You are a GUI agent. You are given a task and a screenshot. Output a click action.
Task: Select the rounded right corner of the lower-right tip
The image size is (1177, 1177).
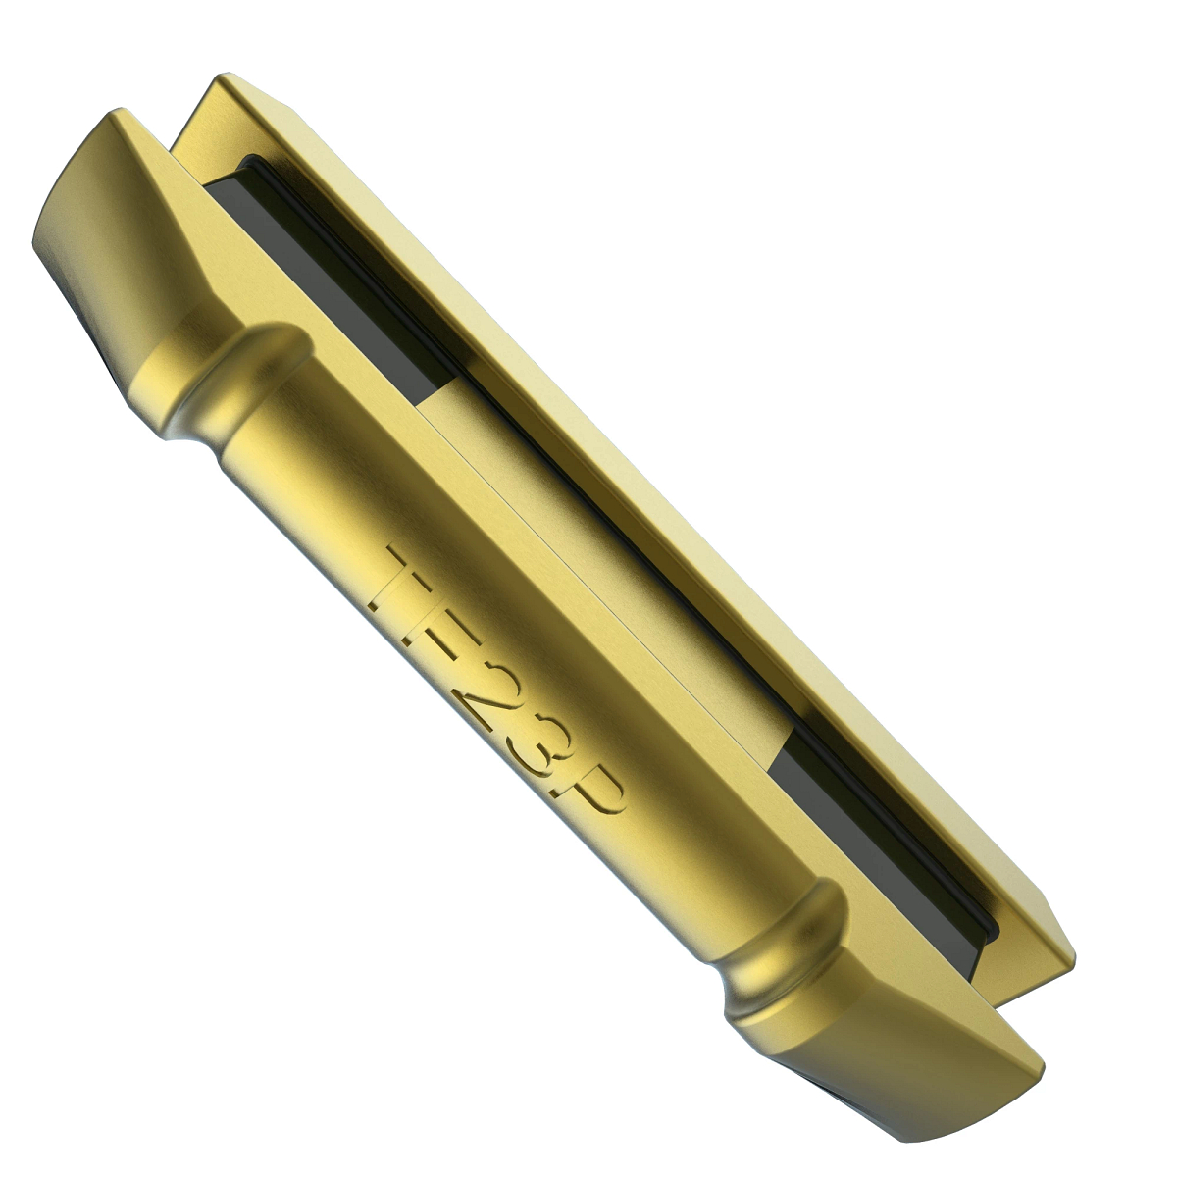click(1035, 1064)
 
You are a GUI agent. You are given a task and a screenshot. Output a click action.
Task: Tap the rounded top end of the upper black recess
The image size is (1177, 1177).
click(250, 162)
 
